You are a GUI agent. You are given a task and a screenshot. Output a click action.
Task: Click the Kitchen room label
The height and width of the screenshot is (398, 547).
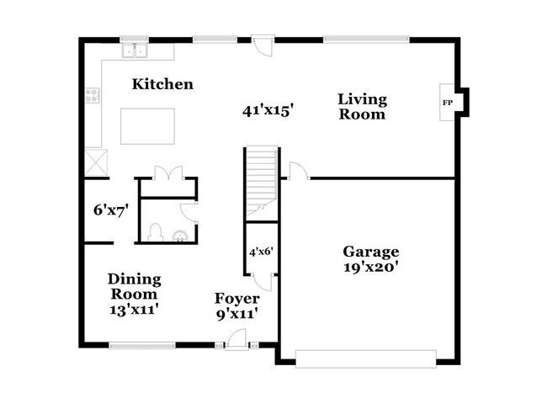pos(162,84)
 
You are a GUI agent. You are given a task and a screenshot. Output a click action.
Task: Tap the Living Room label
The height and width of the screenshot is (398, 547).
pos(362,107)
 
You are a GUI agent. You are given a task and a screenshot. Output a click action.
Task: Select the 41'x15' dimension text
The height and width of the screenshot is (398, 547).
pos(268,110)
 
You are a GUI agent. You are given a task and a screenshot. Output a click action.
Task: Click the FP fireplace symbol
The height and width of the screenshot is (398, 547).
pos(447,103)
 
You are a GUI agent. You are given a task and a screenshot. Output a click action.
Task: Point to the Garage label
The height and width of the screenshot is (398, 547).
pos(370,252)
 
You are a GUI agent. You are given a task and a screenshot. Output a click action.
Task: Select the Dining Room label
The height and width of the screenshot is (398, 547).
pos(134,287)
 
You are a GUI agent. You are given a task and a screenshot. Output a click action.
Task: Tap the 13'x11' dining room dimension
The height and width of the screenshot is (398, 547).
pos(134,310)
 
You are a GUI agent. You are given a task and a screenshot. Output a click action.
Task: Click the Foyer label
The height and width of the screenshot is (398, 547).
pos(236,299)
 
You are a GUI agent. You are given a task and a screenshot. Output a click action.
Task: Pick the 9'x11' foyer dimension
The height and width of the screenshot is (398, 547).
pos(236,314)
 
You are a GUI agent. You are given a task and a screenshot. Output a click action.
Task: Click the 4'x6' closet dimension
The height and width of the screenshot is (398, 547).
pos(260,251)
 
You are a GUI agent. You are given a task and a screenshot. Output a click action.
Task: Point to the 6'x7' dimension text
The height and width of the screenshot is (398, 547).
pos(109,210)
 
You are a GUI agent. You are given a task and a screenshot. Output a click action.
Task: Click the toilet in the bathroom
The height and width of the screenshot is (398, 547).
pos(154,231)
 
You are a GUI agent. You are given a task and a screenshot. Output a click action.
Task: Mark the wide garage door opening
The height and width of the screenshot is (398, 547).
pos(368,360)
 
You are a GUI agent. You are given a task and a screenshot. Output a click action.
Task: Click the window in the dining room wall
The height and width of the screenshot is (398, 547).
pos(142,344)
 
